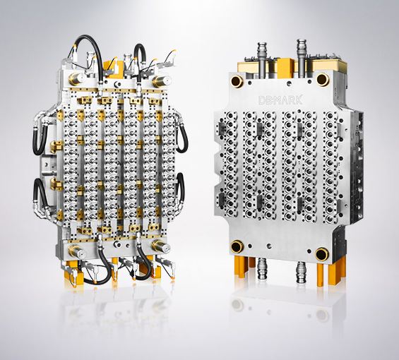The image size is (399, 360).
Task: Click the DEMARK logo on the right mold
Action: (280, 100)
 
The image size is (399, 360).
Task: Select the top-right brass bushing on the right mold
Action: (323, 79)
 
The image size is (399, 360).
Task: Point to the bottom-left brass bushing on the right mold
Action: (237, 246)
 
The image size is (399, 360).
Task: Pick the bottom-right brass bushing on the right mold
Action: (322, 254)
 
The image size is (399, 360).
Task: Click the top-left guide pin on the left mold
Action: (77, 78)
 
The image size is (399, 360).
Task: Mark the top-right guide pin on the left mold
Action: (162, 81)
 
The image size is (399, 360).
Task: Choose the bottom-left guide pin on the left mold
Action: (77, 251)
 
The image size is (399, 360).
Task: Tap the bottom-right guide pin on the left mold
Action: (161, 246)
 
